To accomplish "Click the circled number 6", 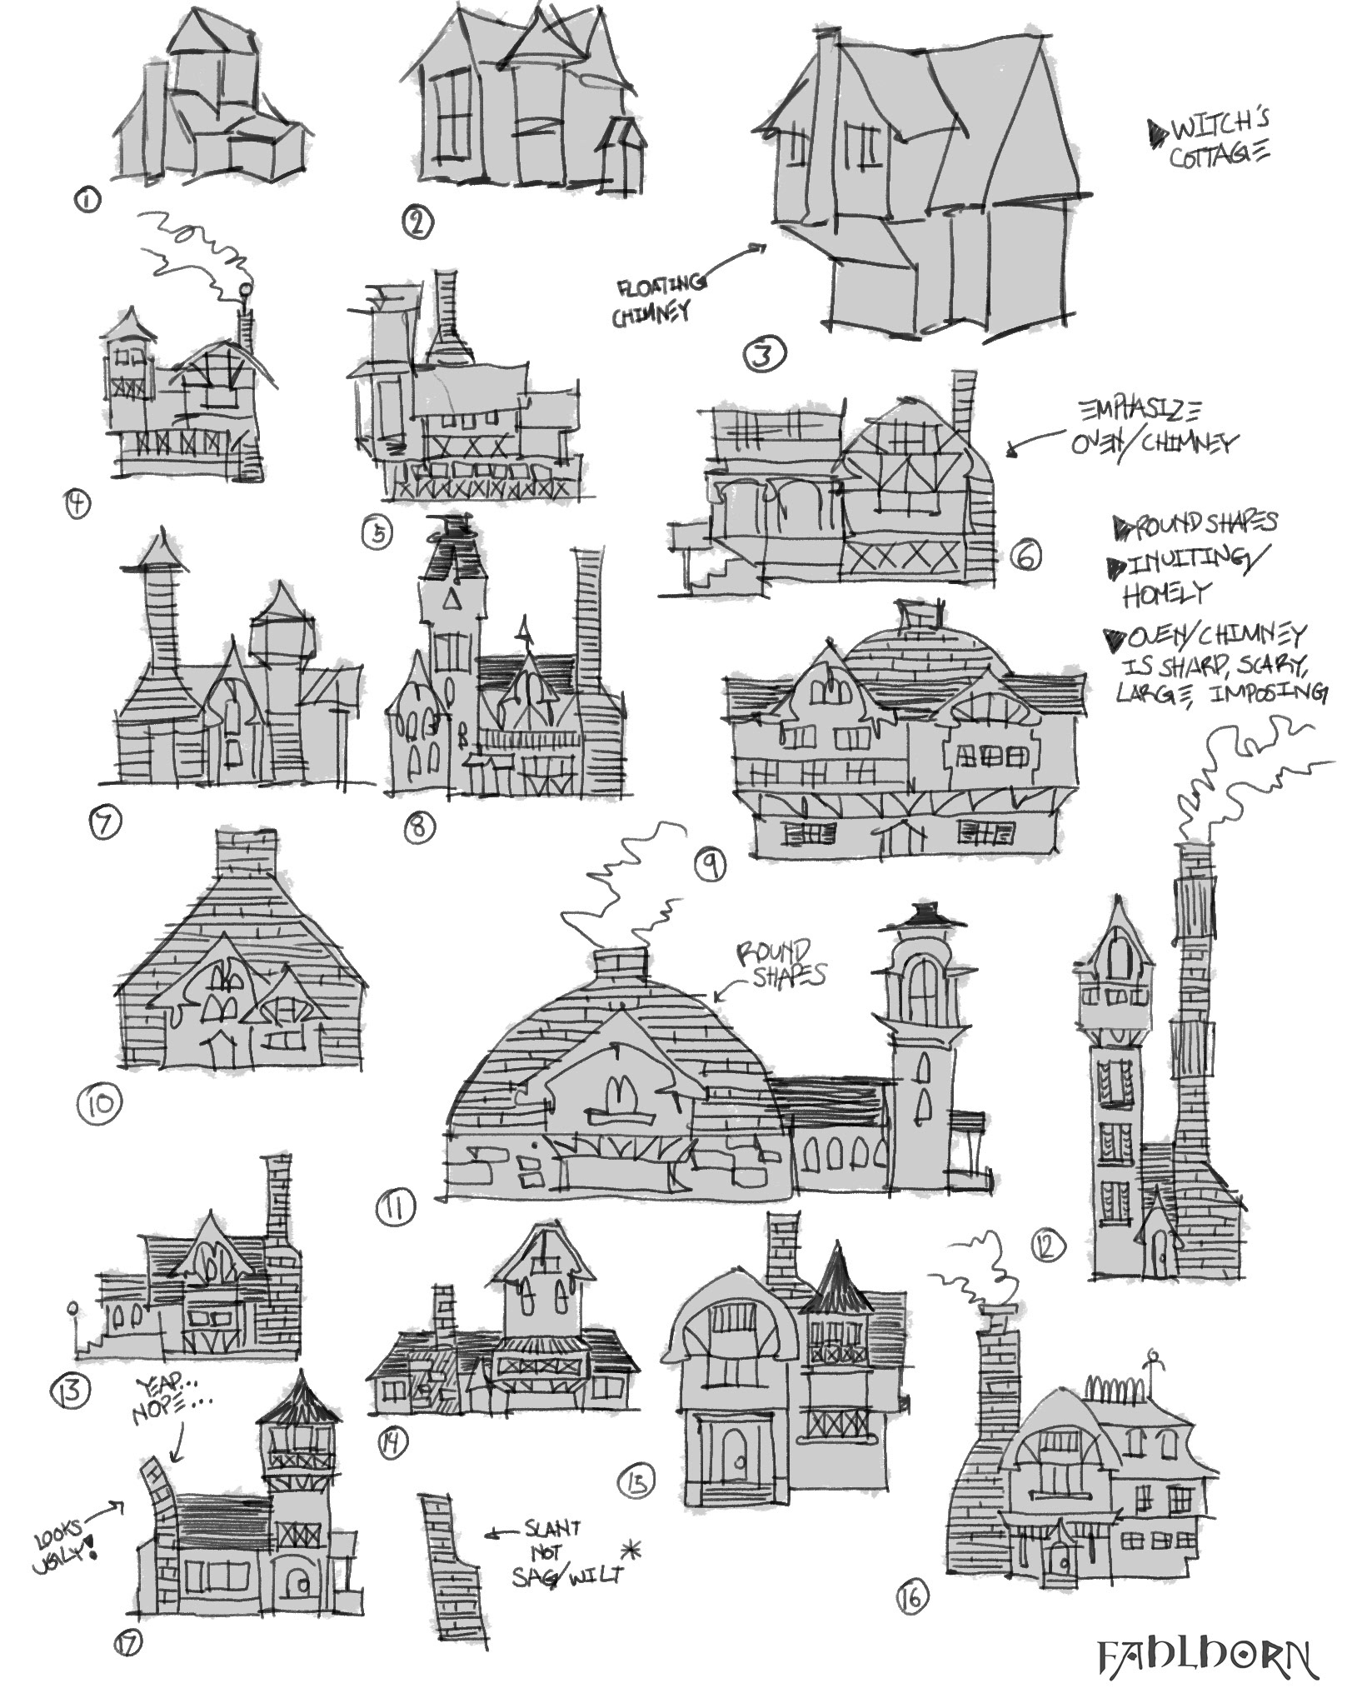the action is [1025, 555].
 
